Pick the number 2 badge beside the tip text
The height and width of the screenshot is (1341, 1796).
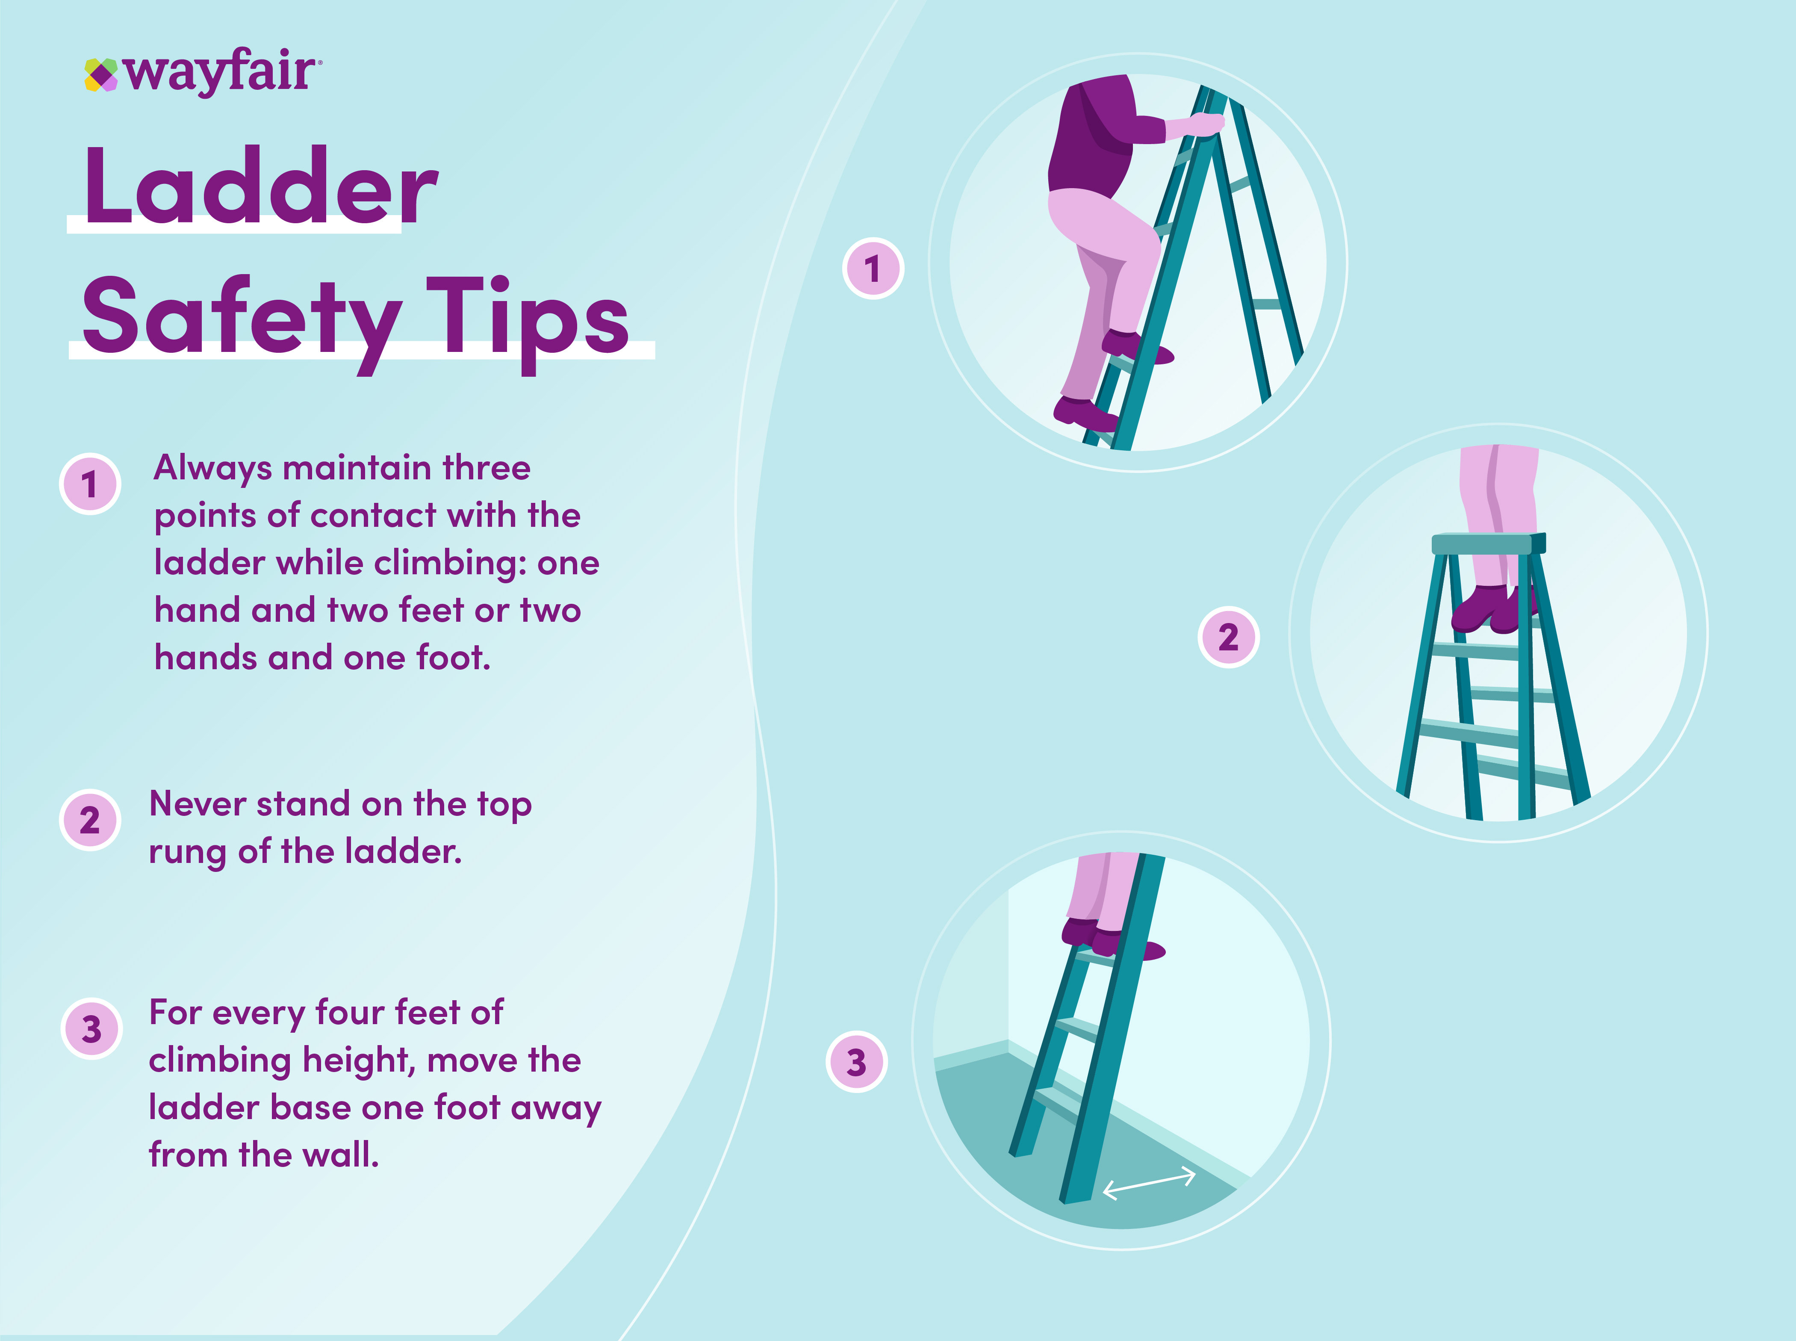[x=90, y=820]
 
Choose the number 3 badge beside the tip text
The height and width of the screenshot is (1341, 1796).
[x=92, y=1028]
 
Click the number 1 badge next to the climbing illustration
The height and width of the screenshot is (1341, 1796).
[x=873, y=269]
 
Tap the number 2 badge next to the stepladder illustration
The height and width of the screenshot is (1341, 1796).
[x=1229, y=637]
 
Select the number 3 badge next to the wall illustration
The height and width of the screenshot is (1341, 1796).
[x=856, y=1062]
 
